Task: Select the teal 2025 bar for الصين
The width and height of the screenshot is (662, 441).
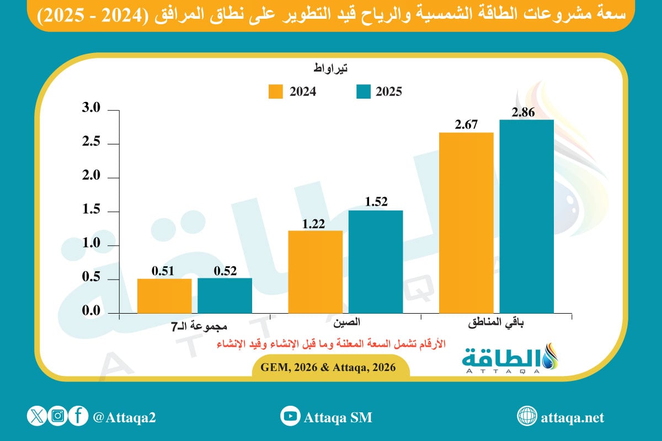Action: coord(376,262)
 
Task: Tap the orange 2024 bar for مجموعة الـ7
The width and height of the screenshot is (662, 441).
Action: coord(164,296)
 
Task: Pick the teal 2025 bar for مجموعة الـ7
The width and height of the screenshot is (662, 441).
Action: coord(225,296)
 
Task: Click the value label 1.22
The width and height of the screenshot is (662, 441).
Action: coord(315,223)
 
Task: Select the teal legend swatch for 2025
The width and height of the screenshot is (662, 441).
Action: coord(362,92)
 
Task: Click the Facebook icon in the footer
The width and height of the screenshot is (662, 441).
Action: coord(79,416)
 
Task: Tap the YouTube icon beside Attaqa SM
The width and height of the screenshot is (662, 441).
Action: coord(290,416)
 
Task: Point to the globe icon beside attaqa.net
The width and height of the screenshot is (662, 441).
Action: coord(527,416)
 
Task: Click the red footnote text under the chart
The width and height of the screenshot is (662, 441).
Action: coord(330,344)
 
